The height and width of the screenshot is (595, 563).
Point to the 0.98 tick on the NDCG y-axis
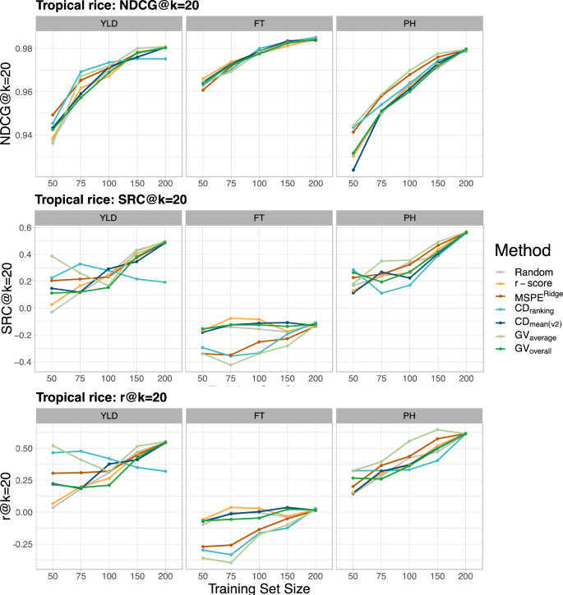point(23,48)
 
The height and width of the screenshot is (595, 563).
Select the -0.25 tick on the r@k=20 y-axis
point(20,543)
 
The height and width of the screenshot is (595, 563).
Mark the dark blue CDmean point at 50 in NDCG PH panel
point(353,170)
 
